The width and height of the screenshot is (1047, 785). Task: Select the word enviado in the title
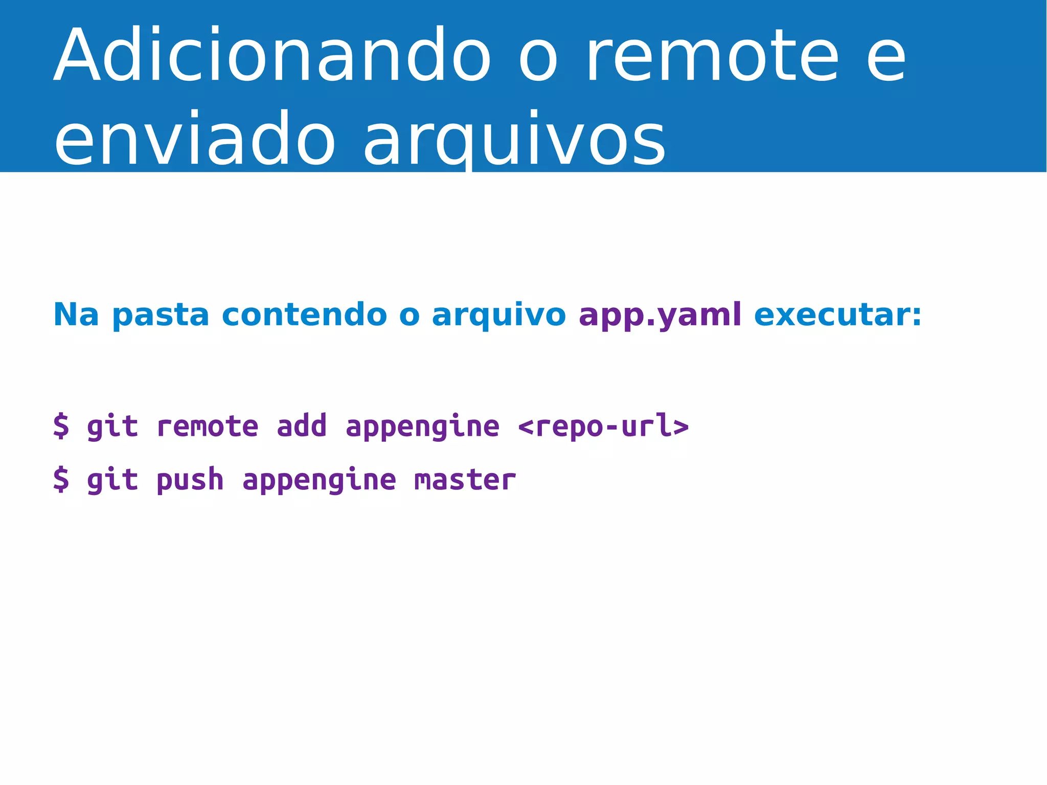194,139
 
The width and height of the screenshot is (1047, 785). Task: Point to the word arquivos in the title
514,139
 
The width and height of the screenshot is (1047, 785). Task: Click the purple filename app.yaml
659,315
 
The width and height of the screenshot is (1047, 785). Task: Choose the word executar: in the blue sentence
838,315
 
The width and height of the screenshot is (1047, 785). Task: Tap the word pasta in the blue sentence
161,315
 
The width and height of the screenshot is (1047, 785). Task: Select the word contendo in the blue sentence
304,315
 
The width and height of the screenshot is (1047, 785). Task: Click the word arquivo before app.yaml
498,315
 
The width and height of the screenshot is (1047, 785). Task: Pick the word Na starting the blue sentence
76,315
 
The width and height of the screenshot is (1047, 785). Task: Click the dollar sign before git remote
61,426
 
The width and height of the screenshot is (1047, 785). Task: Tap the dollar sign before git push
61,480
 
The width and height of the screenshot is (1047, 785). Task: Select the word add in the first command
302,426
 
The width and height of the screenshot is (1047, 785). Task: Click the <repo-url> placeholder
603,426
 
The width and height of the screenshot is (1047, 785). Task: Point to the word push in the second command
190,480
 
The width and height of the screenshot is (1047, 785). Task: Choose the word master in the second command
465,480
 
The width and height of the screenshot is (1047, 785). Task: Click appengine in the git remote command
422,426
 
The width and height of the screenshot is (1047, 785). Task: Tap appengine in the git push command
319,480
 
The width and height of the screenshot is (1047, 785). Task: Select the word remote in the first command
207,426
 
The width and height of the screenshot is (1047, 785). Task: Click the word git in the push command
112,480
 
